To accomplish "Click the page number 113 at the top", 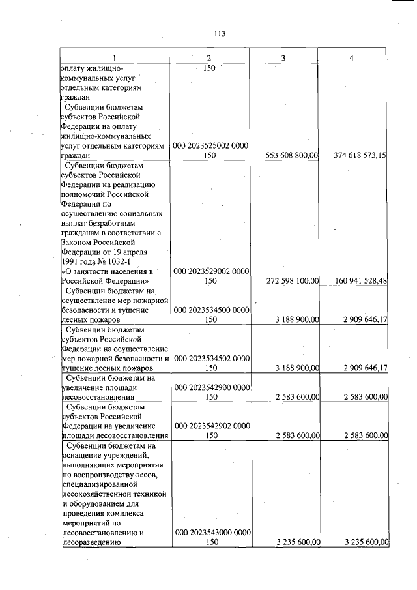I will click(219, 33).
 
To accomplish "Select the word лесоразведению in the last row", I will click(89, 542).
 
